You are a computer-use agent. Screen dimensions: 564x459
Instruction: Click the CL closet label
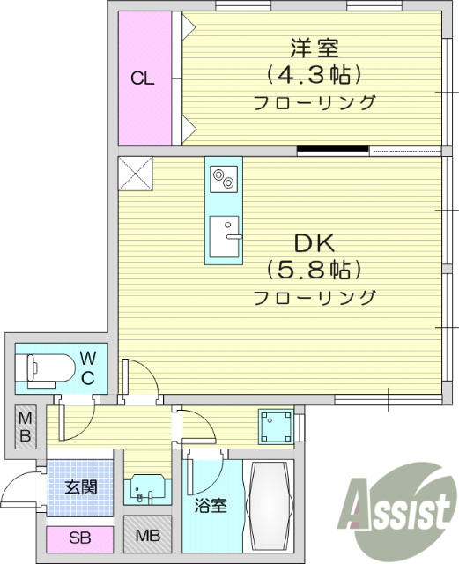(x=143, y=78)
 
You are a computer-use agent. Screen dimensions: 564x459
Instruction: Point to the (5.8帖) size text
(x=315, y=269)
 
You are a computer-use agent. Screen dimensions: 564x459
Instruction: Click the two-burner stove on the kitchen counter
(x=224, y=178)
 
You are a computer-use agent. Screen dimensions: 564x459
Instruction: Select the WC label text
(x=88, y=367)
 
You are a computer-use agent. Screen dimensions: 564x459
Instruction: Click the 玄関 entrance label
(x=80, y=486)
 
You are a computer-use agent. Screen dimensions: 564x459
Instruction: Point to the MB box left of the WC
(x=25, y=427)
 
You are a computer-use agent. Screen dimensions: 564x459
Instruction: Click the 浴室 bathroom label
(x=211, y=507)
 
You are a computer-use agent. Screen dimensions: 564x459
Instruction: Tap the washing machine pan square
(x=276, y=427)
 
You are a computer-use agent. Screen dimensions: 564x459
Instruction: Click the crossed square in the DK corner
(x=136, y=172)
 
